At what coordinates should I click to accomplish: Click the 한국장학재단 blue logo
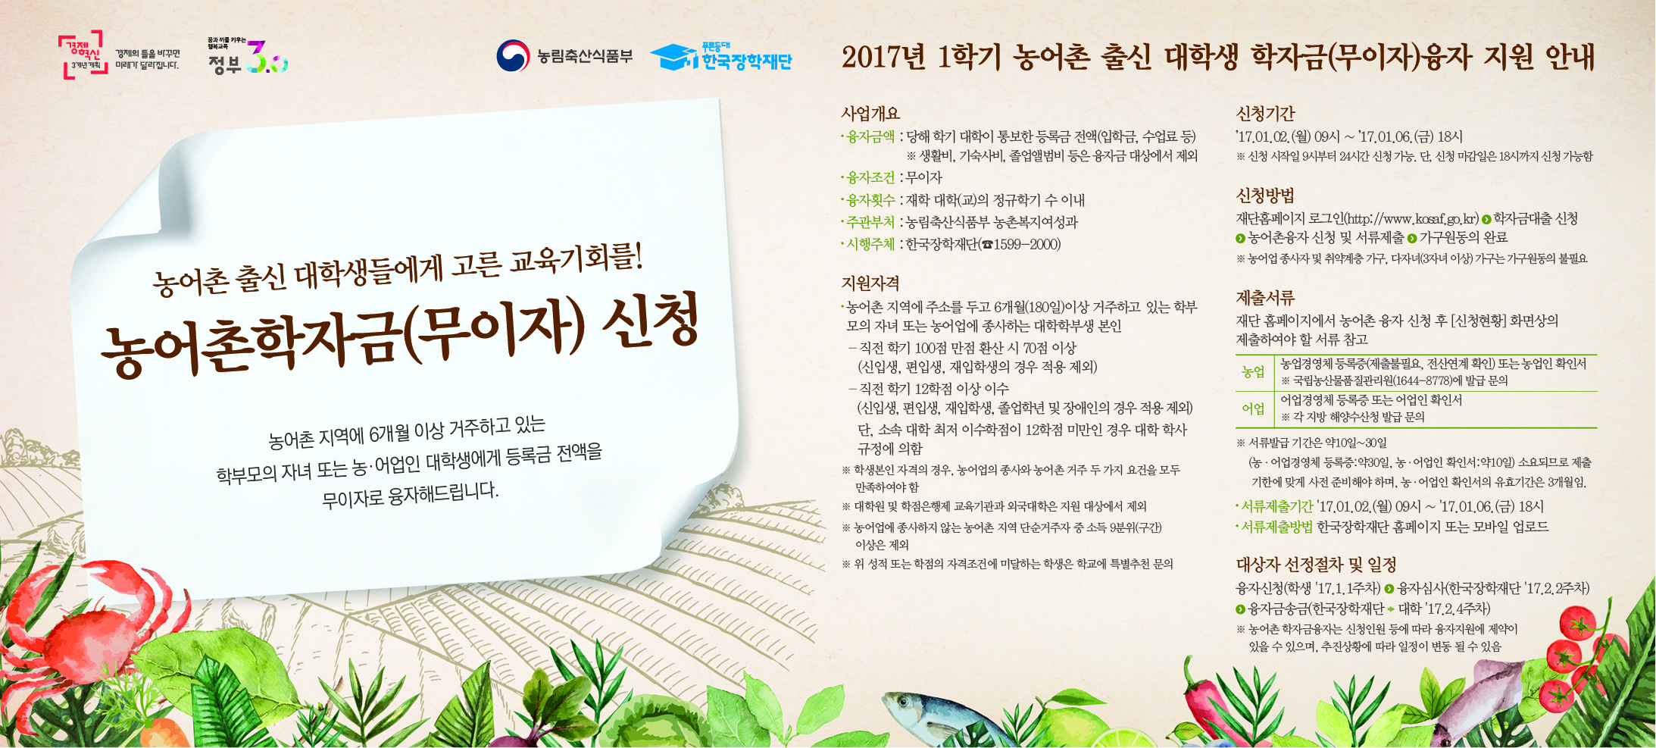[x=720, y=57]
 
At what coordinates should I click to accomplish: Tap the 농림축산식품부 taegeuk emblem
[x=512, y=56]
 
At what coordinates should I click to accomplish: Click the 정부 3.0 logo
[x=248, y=58]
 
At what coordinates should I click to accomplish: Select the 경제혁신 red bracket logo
[x=83, y=55]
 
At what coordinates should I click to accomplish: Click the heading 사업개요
[x=870, y=114]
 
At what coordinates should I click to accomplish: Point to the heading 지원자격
[x=870, y=283]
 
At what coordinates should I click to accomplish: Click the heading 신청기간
[x=1265, y=114]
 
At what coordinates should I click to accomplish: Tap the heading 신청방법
[x=1265, y=196]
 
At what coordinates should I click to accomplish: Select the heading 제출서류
[x=1265, y=298]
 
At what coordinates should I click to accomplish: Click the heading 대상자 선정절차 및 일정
[x=1316, y=565]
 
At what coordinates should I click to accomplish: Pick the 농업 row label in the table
[x=1253, y=372]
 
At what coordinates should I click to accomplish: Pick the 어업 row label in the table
[x=1253, y=409]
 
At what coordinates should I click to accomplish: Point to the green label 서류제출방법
[x=1276, y=527]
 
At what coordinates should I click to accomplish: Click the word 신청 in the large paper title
[x=650, y=322]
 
